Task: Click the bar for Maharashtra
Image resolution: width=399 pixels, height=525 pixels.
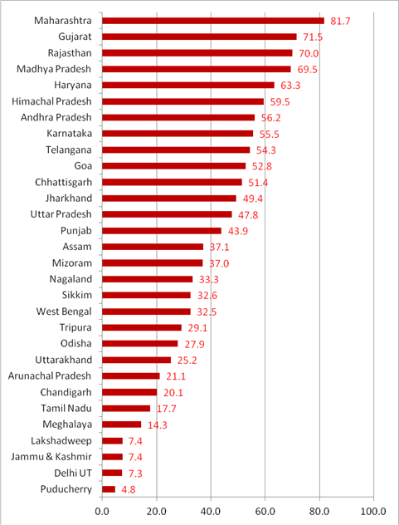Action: point(213,20)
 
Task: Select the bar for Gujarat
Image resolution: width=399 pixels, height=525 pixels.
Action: point(199,37)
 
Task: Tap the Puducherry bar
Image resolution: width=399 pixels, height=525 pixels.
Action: point(109,488)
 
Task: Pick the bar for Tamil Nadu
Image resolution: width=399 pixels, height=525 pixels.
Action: point(126,408)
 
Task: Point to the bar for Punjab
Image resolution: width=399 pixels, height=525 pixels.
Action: point(162,230)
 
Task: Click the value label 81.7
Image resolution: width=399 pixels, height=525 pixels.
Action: point(342,21)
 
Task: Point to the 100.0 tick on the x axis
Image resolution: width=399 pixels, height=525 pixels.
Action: point(373,511)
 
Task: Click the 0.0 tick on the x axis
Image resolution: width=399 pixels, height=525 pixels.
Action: point(103,511)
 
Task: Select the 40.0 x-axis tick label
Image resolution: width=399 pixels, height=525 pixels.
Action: point(211,511)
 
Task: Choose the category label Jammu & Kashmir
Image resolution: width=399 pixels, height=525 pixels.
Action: point(52,456)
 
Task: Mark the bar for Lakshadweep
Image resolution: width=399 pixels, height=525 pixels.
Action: point(112,440)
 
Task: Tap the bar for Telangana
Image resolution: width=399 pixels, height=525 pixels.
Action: point(176,150)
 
